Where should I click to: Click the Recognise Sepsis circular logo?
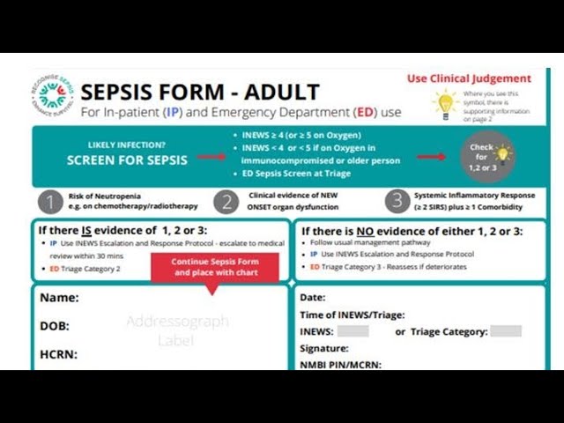pos(53,98)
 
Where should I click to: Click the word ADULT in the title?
pos(281,92)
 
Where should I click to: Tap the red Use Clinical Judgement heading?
pos(469,78)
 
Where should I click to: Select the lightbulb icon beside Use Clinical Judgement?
pos(446,103)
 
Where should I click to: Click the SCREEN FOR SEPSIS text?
pos(127,160)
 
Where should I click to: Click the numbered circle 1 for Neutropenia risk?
pos(51,202)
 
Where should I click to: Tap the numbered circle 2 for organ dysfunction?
pos(226,202)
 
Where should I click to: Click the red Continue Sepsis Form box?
pos(215,266)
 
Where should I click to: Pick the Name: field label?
pos(59,298)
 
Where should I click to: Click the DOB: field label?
pos(55,326)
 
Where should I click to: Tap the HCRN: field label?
pos(58,354)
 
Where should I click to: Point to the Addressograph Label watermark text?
pos(176,330)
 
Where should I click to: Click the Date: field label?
pos(313,298)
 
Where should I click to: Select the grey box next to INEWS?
pos(352,331)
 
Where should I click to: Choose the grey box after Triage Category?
pos(506,331)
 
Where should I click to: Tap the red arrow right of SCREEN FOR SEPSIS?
pos(211,158)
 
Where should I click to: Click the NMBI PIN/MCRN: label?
pos(340,364)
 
